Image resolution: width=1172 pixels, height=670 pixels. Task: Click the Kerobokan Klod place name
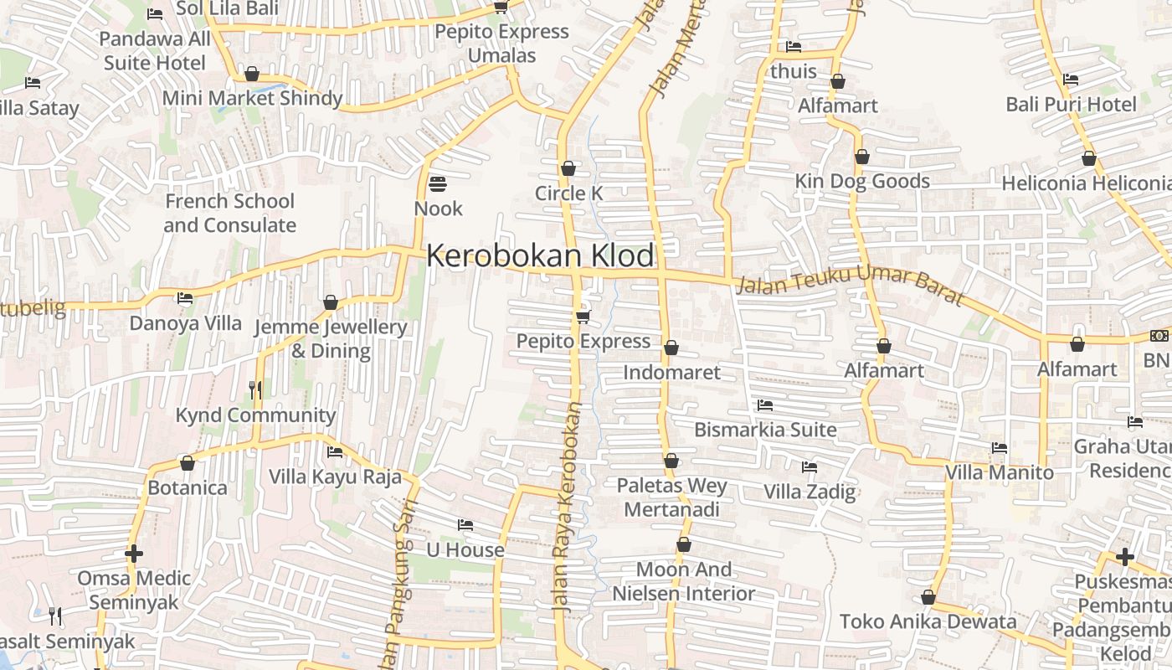coord(540,255)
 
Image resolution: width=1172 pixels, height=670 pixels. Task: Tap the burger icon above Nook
coord(438,183)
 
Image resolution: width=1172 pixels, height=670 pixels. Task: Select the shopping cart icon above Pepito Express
coord(583,316)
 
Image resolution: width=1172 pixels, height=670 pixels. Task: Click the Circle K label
coord(569,193)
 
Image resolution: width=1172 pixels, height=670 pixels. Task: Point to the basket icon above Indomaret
coord(671,348)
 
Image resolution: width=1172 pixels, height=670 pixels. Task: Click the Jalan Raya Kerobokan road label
coord(567,502)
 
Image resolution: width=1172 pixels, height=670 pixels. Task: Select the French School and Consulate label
coord(229,213)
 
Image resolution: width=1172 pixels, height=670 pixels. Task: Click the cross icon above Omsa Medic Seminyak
coord(134,554)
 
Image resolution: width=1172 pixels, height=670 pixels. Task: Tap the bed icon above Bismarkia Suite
coord(765,405)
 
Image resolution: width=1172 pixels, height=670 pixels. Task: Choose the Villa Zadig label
coord(810,492)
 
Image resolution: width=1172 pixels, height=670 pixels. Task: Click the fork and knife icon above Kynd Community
coord(255,389)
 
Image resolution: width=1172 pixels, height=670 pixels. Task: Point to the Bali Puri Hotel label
coord(1071,105)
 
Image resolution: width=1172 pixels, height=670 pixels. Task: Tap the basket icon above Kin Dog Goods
coord(862,157)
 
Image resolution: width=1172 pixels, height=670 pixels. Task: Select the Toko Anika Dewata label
coord(928,621)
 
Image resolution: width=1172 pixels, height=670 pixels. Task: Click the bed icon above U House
coord(465,525)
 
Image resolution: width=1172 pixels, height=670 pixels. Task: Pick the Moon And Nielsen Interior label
coord(684,581)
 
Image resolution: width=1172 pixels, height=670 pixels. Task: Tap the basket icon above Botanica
coord(188,463)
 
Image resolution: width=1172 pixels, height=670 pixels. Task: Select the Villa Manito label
coord(999,472)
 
